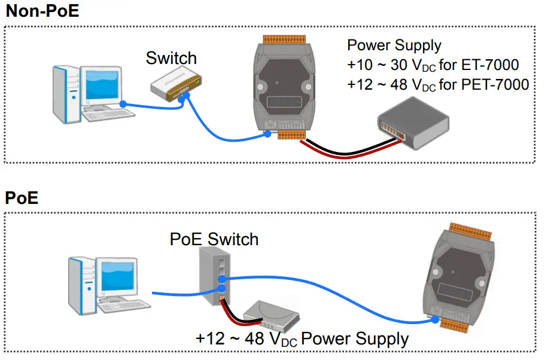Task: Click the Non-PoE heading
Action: (42, 11)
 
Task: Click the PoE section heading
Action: (22, 197)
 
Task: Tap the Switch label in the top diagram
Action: (171, 58)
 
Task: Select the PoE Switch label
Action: (214, 239)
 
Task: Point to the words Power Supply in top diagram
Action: (394, 45)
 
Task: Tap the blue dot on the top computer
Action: (122, 104)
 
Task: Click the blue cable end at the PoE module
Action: (435, 321)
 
